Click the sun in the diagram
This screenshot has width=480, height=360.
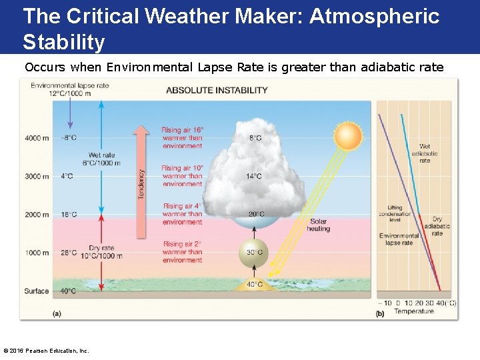coord(347,137)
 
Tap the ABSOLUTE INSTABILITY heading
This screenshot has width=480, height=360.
coord(217,90)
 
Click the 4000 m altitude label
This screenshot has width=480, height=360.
coord(37,138)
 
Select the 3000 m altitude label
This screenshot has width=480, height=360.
coord(37,177)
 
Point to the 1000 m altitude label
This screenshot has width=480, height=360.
coord(37,253)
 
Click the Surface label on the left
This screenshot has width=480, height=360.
coord(37,291)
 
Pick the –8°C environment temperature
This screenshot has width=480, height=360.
coord(69,138)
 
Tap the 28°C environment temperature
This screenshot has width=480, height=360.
coord(69,253)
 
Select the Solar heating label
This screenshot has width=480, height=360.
coord(318,225)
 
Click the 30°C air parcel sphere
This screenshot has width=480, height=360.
coord(253,253)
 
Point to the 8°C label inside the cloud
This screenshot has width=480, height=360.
coord(255,138)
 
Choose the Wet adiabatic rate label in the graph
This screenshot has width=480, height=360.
coord(425,153)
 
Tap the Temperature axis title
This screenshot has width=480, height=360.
coord(413,311)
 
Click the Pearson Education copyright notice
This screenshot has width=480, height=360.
coord(47,351)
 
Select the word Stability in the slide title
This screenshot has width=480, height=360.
coord(64,42)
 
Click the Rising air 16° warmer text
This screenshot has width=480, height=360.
coord(182,138)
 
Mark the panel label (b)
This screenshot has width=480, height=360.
coord(380,313)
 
